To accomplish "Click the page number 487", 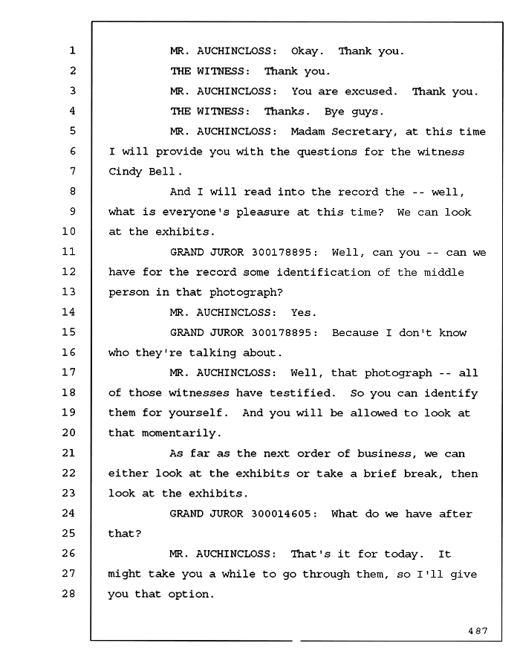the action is click(478, 630).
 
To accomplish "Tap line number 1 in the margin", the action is click(73, 51).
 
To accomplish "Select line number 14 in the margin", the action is click(68, 312).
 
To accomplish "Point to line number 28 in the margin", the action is click(68, 593).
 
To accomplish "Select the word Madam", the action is click(308, 132).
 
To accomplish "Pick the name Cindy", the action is click(125, 172).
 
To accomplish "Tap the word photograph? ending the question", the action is click(247, 293).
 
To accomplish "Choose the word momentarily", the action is click(181, 433).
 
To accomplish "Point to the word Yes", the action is click(304, 313).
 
